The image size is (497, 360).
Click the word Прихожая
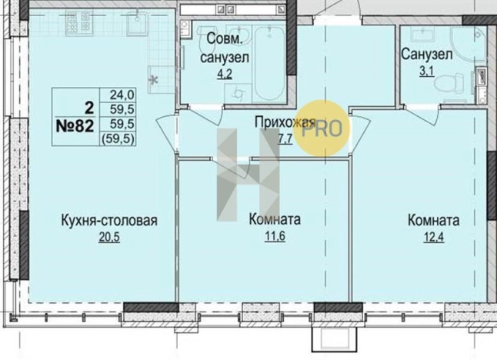[x=285, y=122]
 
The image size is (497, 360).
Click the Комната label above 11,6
[x=275, y=221]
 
